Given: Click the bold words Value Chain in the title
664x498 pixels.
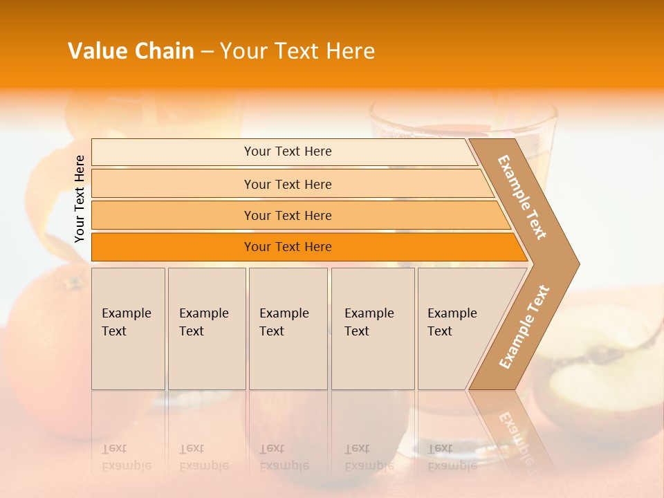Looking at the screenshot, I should [131, 51].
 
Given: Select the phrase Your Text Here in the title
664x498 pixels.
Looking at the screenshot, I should [297, 51].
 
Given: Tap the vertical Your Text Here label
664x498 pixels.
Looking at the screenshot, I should [80, 199].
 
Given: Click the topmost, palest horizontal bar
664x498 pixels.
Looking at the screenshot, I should [287, 151].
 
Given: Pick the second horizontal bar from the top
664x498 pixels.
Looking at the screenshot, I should [287, 184].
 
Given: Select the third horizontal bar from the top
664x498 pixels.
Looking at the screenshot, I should [287, 215].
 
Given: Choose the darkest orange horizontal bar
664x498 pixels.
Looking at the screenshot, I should [287, 247].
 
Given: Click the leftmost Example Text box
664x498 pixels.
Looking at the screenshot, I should [128, 329].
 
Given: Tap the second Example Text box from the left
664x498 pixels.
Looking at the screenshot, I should [206, 329].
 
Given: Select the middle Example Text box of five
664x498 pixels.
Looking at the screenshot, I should [288, 329].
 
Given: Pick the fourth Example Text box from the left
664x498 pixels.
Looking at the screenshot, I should [372, 329].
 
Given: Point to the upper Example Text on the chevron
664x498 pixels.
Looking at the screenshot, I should [522, 197].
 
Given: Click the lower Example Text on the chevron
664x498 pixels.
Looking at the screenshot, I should [524, 326].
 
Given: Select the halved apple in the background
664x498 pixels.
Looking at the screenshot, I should [602, 373].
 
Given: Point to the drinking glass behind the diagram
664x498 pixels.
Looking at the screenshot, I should [463, 118].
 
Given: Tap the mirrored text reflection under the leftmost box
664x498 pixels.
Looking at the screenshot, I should [127, 457].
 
